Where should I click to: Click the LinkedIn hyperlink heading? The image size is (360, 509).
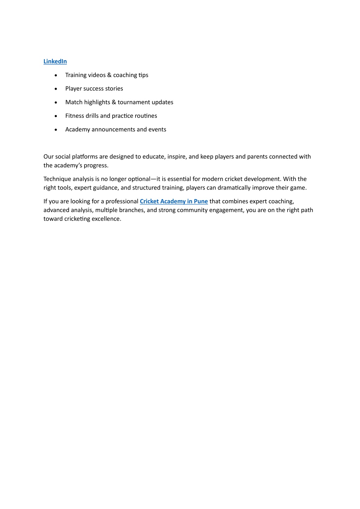pos(55,62)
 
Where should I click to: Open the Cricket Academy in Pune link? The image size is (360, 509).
pos(173,201)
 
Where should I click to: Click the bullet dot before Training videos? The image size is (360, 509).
pos(56,75)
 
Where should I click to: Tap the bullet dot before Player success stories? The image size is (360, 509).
pos(56,89)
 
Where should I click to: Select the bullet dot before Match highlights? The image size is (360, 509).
pos(56,103)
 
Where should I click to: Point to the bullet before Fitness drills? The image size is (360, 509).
pos(56,116)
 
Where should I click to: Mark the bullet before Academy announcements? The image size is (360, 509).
pos(56,130)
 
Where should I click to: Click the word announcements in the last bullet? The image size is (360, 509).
pos(113,129)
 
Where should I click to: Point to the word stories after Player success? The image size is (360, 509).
pos(114,89)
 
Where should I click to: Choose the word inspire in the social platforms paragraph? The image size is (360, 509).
pos(177,157)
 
